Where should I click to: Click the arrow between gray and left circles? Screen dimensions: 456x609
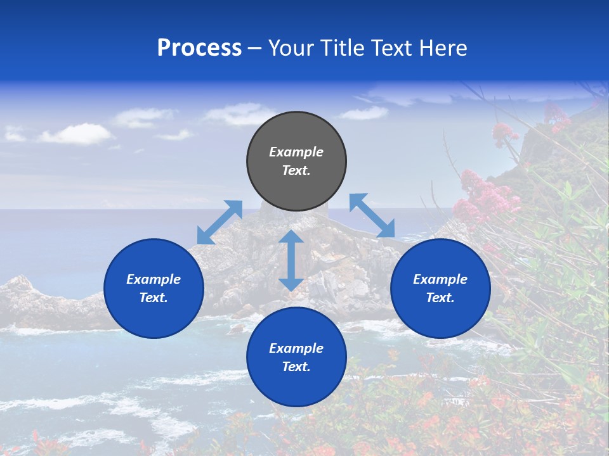point(219,222)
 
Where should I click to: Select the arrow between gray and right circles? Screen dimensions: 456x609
point(372,216)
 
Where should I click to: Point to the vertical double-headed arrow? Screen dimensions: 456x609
point(291,260)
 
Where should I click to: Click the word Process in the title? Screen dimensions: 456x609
point(199,48)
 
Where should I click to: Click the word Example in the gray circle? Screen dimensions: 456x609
point(296,152)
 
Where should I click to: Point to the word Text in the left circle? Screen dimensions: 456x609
point(154,298)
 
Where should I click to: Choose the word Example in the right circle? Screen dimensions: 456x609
point(440,279)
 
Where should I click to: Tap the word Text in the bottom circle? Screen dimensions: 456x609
point(296,367)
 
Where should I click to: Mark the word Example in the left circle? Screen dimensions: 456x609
point(154,279)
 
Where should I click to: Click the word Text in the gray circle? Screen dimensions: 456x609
point(296,171)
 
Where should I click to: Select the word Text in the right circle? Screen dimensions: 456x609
point(440,298)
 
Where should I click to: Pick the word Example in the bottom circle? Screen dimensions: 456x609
point(296,348)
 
